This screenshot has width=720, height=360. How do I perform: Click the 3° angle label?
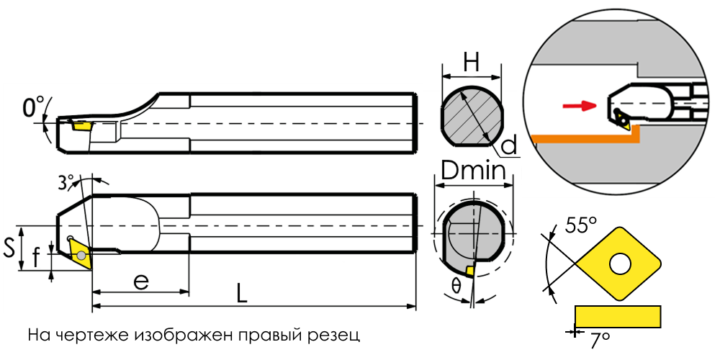tap(67, 182)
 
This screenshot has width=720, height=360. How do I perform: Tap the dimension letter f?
tap(37, 259)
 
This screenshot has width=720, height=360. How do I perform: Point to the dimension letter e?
tap(141, 281)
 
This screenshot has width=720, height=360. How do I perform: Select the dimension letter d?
tap(509, 145)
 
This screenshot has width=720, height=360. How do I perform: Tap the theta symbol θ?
tap(456, 287)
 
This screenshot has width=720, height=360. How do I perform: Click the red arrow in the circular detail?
tap(580, 106)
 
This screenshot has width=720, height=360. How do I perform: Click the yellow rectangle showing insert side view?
tap(618, 317)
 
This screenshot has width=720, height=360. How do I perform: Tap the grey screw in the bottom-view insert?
tap(82, 256)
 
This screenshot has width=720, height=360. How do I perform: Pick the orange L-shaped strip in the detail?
tap(585, 135)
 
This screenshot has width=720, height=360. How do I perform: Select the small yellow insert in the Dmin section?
tap(469, 271)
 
